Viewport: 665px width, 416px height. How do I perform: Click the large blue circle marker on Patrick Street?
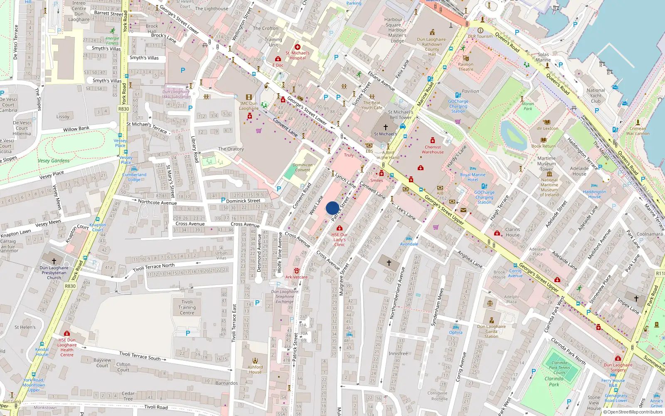332,208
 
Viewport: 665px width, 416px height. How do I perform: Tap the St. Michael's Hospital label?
298,55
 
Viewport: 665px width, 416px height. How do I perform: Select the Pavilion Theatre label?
465,67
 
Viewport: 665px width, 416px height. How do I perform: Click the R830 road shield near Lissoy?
123,109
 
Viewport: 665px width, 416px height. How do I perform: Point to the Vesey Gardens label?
54,161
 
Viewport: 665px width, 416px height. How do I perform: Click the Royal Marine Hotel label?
473,177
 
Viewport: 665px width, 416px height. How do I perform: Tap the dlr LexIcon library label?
547,128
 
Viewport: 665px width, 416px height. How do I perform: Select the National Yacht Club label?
596,96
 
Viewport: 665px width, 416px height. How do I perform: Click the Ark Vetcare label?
296,277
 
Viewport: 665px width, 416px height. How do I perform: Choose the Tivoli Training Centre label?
187,307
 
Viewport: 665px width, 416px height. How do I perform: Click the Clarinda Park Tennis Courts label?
559,367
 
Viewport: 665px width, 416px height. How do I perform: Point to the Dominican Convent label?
303,167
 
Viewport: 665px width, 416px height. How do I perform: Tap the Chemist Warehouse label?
433,149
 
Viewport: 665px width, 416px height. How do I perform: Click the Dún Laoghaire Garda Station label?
491,331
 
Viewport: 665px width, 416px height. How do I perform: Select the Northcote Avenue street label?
157,202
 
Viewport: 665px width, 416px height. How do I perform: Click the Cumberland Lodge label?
134,177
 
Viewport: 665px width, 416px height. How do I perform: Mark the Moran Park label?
528,106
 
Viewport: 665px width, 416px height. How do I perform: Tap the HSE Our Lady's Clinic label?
340,239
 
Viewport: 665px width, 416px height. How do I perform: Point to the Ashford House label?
255,369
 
